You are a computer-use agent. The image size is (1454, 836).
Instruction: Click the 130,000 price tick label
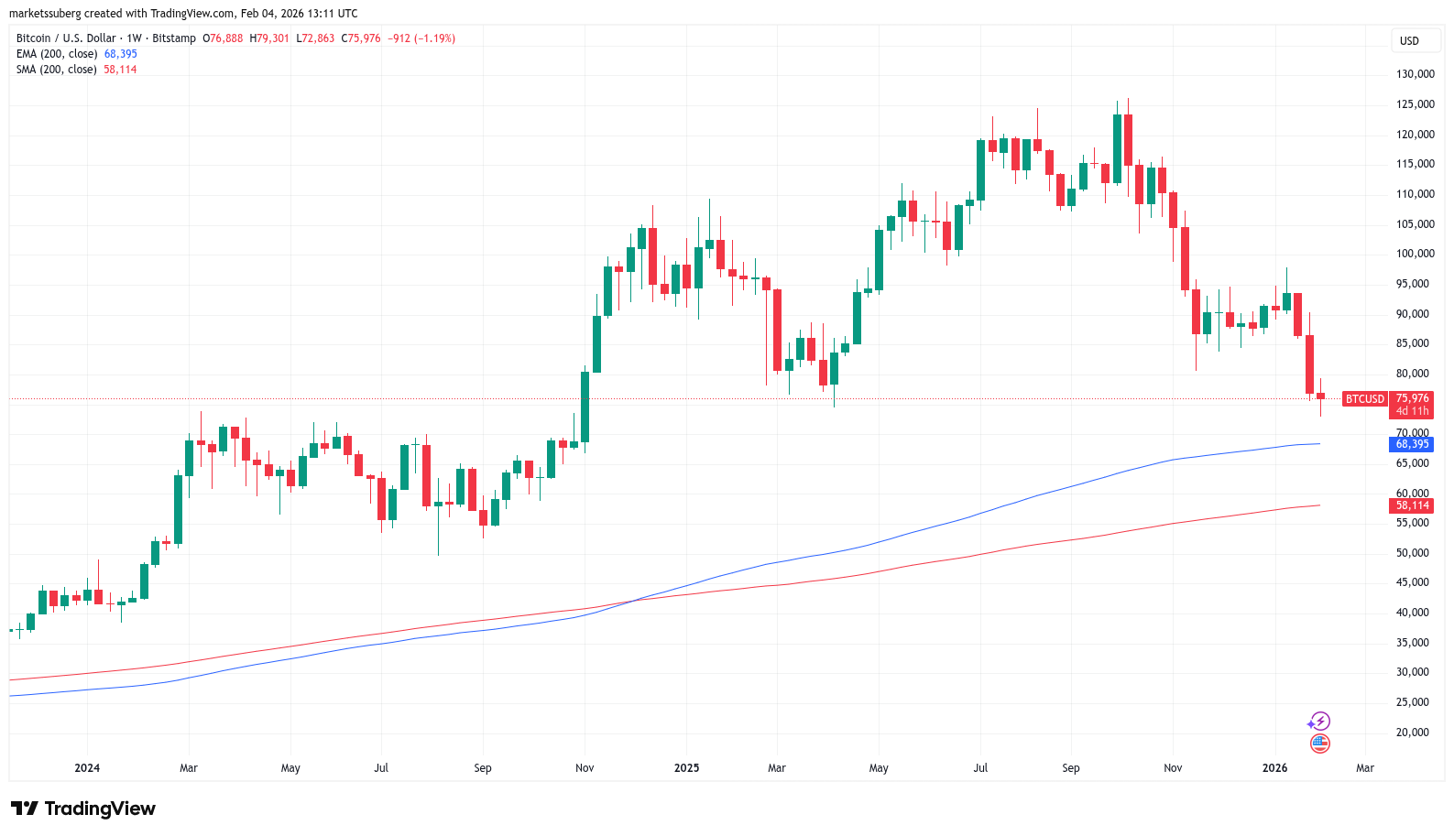[1415, 74]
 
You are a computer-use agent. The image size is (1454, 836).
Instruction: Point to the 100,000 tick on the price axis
[1415, 254]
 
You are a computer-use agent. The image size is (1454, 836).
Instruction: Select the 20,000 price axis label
[1412, 733]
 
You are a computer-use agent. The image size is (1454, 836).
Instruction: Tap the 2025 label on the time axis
[686, 768]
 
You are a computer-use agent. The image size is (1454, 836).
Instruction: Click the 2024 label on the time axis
[87, 768]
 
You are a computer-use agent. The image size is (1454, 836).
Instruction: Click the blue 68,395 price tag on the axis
[1412, 444]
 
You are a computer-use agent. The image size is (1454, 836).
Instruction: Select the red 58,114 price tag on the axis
[1412, 505]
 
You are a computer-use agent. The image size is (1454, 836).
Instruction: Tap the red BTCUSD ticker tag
[1364, 399]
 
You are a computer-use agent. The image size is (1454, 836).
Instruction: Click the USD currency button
[1409, 40]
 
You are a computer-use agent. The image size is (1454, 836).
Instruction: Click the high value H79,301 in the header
[269, 38]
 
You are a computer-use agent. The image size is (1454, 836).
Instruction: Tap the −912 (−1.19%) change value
[421, 38]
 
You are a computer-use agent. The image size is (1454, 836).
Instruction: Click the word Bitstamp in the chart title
[174, 38]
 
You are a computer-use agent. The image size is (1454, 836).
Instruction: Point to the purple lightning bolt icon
[1319, 722]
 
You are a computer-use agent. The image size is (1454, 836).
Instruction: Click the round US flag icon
[1319, 744]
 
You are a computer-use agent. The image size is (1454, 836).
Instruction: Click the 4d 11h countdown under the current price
[1412, 411]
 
